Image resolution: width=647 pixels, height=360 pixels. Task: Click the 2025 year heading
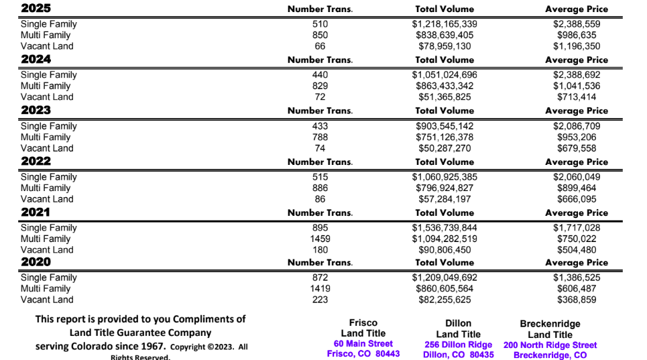click(36, 9)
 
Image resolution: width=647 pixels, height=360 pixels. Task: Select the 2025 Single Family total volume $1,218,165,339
click(445, 24)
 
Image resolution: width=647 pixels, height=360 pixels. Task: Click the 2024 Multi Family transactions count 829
click(320, 86)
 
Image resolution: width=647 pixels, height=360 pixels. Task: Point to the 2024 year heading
click(36, 59)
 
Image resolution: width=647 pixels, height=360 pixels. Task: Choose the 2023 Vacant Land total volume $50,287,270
click(445, 148)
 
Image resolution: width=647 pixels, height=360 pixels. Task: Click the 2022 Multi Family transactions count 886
click(320, 188)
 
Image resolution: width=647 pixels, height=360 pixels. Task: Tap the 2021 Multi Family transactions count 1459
click(320, 239)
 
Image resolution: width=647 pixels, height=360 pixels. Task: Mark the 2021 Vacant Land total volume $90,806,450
click(445, 250)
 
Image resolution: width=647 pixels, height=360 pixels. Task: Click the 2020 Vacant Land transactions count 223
click(320, 300)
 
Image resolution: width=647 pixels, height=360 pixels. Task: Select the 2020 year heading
click(36, 261)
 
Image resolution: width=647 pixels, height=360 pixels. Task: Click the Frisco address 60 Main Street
click(363, 344)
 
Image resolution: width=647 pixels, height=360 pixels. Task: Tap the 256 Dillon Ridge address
click(458, 345)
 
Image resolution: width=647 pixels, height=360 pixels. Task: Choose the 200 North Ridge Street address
click(550, 345)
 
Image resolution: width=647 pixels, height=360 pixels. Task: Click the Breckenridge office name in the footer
click(550, 324)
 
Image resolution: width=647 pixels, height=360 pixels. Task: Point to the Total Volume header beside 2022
click(445, 162)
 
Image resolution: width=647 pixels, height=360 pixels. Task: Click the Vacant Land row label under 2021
click(47, 250)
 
